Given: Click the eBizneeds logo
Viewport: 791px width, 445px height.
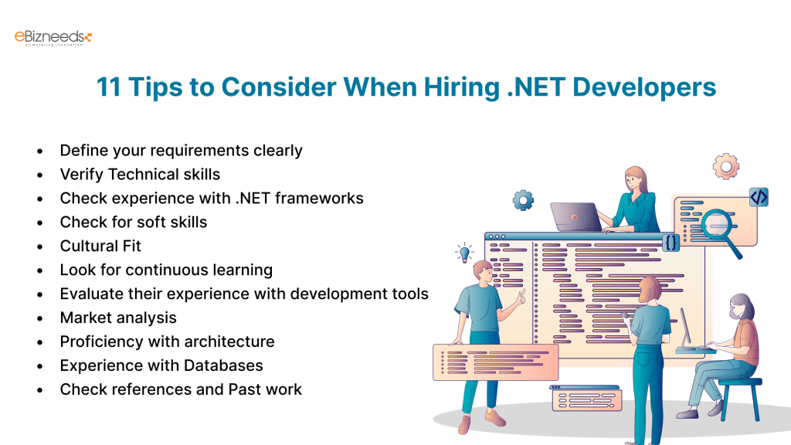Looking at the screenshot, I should pos(53,37).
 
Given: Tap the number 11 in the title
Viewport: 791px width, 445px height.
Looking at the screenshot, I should pos(109,87).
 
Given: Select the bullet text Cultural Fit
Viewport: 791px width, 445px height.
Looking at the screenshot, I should pos(100,246).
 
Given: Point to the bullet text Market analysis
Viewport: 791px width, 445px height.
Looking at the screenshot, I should pos(118,318).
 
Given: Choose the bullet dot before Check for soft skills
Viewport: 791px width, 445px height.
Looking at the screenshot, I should pos(39,222).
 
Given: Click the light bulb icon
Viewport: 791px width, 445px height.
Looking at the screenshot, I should pos(464,252).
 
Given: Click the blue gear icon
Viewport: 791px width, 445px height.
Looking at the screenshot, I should pos(523,201).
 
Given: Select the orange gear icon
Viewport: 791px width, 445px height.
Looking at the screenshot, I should pos(726,166).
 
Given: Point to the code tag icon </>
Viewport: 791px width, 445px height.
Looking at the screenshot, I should pos(759,197).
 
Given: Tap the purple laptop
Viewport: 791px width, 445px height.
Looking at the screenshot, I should pos(575,217).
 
